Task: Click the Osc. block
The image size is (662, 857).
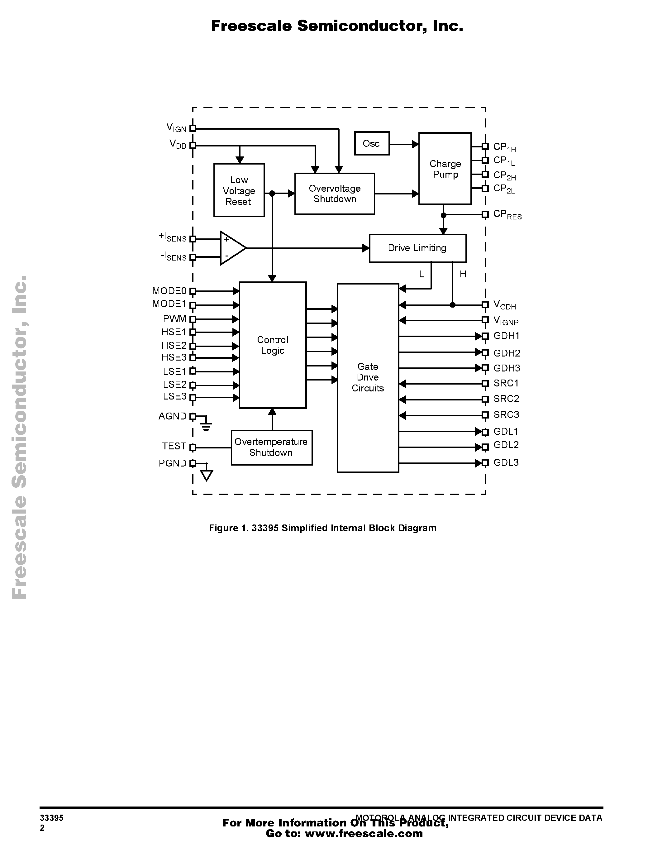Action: [371, 144]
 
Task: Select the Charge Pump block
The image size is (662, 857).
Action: [445, 169]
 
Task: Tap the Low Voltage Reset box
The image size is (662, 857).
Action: [239, 190]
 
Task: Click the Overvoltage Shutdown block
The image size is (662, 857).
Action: [335, 194]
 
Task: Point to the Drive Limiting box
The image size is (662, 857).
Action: [417, 248]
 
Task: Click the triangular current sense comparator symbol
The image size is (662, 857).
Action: [231, 248]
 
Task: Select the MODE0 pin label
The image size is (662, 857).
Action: [169, 291]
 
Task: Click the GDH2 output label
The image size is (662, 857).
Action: [507, 353]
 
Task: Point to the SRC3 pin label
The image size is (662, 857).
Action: [506, 415]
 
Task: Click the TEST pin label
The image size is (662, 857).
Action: [174, 447]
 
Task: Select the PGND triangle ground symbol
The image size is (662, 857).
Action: [207, 476]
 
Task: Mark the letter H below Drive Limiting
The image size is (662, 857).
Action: [463, 274]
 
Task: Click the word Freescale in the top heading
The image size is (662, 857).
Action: [251, 26]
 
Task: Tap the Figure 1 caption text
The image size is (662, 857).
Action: [322, 528]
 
